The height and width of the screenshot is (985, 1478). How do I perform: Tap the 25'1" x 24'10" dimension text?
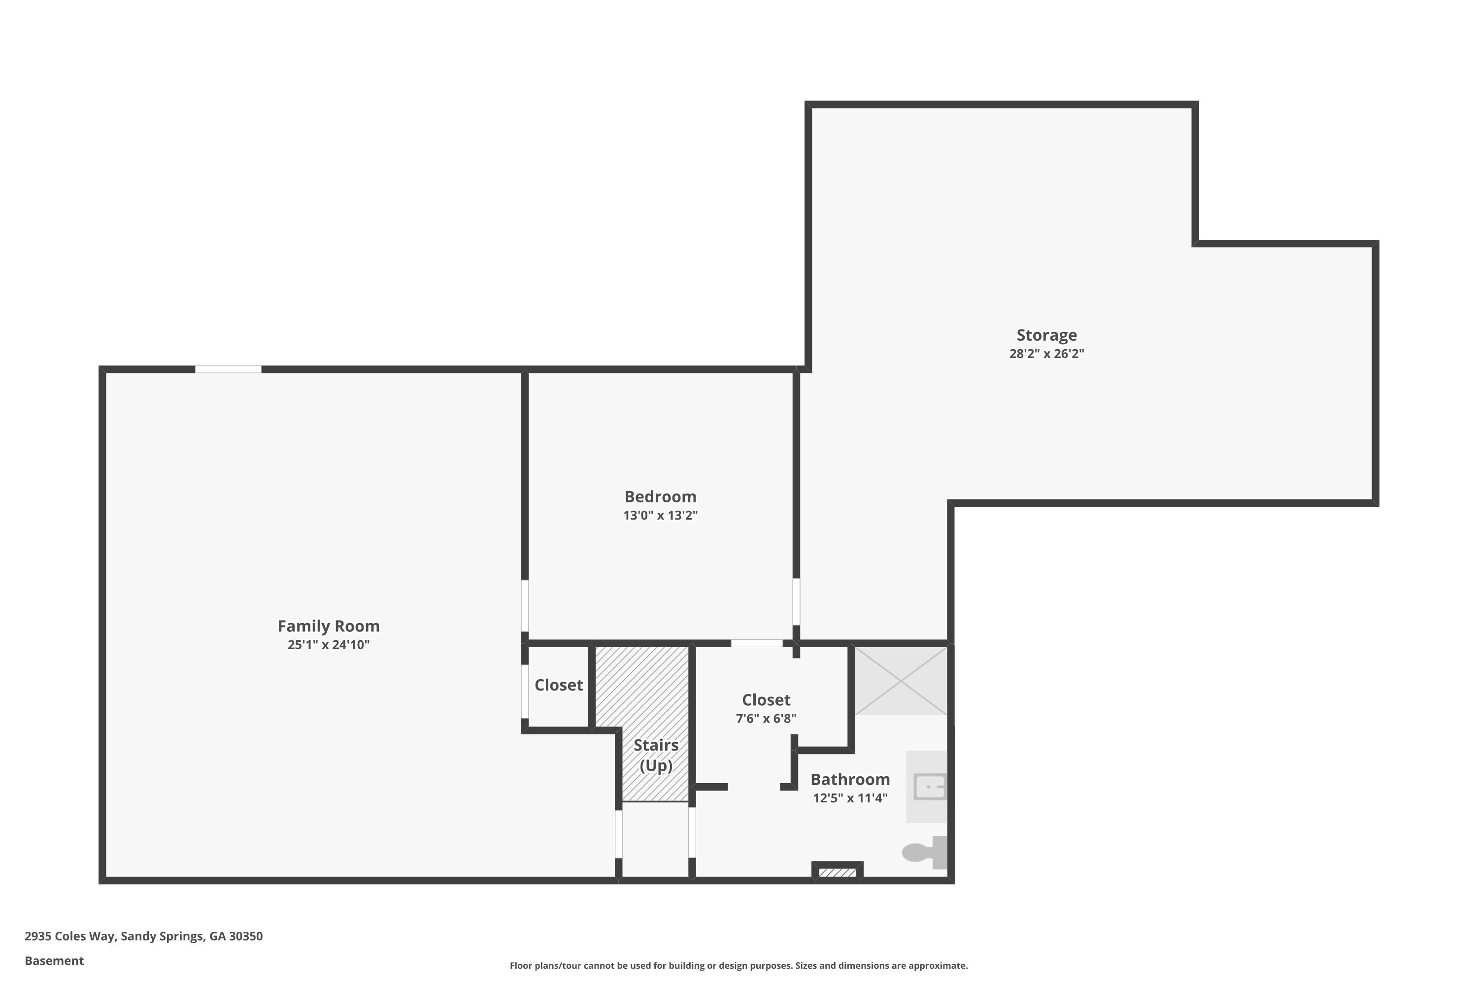[x=329, y=645]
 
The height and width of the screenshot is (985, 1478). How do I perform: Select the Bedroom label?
[x=661, y=496]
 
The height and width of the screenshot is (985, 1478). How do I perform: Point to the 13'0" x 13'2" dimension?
[x=661, y=515]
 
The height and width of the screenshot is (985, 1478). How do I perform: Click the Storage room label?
[x=1047, y=335]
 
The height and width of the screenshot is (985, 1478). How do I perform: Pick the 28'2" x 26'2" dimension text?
[x=1047, y=353]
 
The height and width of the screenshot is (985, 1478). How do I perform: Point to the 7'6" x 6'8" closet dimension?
[x=766, y=718]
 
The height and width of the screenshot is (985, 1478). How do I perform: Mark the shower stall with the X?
[x=901, y=681]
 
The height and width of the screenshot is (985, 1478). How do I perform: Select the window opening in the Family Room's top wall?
[x=228, y=369]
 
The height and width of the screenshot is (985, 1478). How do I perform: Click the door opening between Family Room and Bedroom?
[x=525, y=606]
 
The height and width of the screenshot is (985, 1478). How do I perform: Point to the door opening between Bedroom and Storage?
[x=796, y=602]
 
